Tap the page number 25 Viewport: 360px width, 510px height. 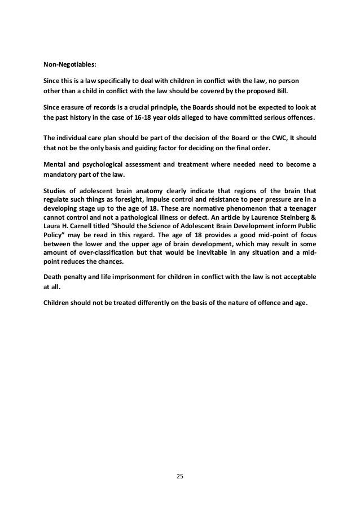click(x=180, y=477)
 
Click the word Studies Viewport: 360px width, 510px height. click(x=56, y=192)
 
